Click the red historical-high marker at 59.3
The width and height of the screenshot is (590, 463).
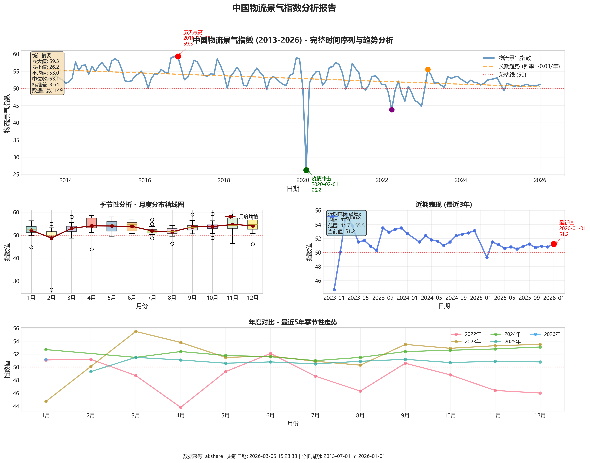(x=178, y=56)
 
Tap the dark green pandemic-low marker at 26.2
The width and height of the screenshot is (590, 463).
(x=306, y=170)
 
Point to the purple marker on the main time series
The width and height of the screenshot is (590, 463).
(x=392, y=110)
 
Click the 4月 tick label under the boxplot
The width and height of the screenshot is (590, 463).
(x=92, y=298)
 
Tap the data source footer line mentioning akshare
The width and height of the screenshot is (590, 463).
(x=284, y=456)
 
